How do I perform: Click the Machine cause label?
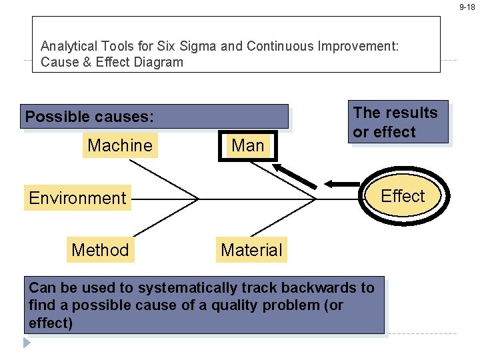coord(120,145)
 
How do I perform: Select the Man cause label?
coord(248,145)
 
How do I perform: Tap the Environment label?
coord(77,198)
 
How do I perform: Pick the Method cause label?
coord(100,250)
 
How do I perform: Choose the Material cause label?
coord(251,250)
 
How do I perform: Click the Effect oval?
coord(403,196)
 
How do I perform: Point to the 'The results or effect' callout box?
coord(400,122)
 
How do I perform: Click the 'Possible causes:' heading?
coord(89,117)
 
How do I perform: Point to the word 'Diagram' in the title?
coord(159,63)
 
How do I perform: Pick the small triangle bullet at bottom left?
coord(27,343)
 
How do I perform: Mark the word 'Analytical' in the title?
coord(69,47)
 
